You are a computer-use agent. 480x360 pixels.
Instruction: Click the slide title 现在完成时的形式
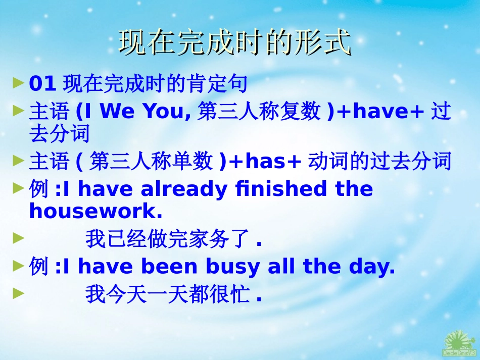coord(234,42)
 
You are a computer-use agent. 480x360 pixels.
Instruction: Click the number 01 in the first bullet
coord(42,84)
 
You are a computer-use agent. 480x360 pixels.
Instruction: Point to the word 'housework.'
coord(96,212)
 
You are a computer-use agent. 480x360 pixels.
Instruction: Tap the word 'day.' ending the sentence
coord(372,267)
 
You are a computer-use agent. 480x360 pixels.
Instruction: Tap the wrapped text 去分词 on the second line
coord(60,134)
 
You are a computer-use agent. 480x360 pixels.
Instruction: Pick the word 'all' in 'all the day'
coord(280,267)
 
